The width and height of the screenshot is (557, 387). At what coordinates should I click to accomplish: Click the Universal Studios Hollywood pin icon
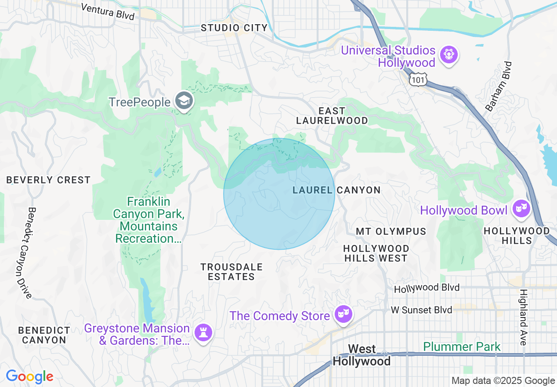coord(448,55)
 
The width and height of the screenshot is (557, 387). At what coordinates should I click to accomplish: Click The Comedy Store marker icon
coord(342,314)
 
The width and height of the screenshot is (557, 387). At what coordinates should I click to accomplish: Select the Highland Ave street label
coord(523,317)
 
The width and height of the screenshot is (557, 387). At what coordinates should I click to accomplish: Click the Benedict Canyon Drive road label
coord(24,253)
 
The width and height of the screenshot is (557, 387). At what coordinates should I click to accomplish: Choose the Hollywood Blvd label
coord(427,288)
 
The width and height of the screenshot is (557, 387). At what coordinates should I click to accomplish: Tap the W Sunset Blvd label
coord(421,310)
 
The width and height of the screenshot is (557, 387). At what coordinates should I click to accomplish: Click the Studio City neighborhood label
coord(234,28)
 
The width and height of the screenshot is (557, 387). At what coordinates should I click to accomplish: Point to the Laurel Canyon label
coord(336,190)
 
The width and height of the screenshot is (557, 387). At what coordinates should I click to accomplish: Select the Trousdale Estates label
coord(231,272)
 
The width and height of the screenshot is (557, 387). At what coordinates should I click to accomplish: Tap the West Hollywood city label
coord(362,355)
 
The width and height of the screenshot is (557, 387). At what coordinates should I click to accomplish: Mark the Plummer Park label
coord(462,347)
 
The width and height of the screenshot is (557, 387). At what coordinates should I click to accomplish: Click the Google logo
coord(29,376)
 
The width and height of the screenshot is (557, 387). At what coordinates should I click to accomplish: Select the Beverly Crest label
coord(48,180)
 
